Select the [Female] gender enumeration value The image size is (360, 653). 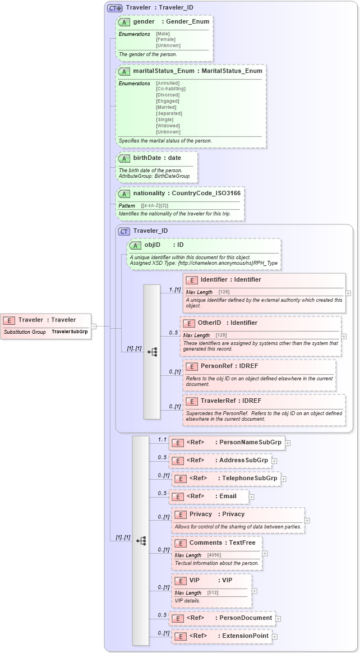pyautogui.click(x=165, y=39)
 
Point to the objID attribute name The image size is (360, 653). pyautogui.click(x=153, y=245)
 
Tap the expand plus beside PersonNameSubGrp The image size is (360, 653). pyautogui.click(x=288, y=443)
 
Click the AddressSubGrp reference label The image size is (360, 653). pyautogui.click(x=243, y=461)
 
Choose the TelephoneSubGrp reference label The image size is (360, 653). pyautogui.click(x=250, y=479)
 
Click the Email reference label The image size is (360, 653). pyautogui.click(x=228, y=496)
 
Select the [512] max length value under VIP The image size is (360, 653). pyautogui.click(x=213, y=593)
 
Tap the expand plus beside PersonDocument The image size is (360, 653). pyautogui.click(x=278, y=619)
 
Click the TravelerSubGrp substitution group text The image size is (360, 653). pyautogui.click(x=70, y=332)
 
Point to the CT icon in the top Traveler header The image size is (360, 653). pyautogui.click(x=115, y=8)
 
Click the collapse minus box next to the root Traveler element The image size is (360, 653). pyautogui.click(x=94, y=326)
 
